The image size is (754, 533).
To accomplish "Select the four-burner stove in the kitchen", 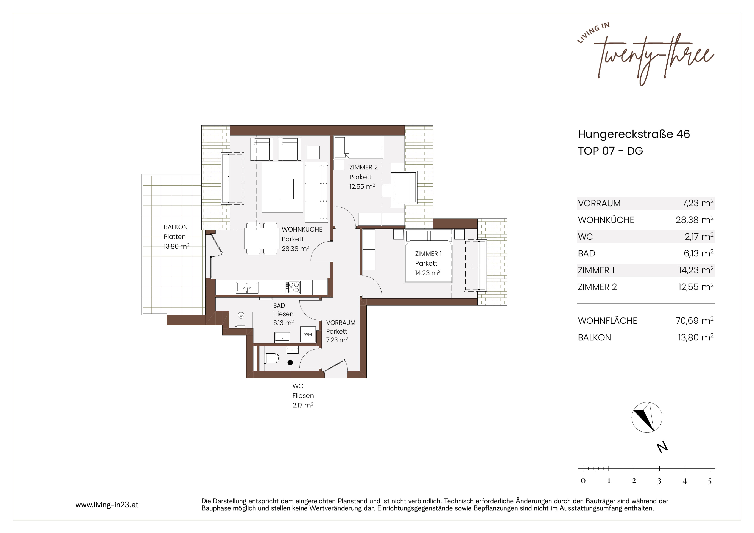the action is pos(293,287).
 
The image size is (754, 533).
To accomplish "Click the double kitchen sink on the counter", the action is pos(247,287).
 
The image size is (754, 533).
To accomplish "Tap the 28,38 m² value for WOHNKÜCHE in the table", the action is pos(695,220).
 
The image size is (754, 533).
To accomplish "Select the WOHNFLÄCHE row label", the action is pos(607,321).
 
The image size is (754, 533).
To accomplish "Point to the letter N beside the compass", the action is pos(662,448).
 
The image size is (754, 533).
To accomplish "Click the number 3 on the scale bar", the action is pos(659,481).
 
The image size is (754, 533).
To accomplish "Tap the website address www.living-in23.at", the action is pos(107,505).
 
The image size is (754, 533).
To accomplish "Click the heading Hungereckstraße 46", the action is pos(634,134).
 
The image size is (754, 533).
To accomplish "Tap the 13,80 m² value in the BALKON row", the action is pos(696,337).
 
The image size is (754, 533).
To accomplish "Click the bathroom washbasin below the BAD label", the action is pos(282,337).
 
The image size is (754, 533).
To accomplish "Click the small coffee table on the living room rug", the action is pos(287,188).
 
